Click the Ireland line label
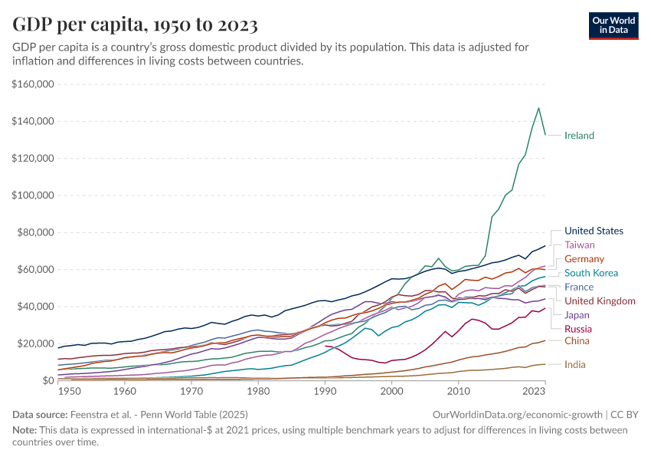[579, 136]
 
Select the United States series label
[594, 231]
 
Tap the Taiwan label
[579, 245]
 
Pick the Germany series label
[584, 259]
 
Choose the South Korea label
[590, 273]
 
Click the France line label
[579, 287]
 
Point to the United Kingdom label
[600, 301]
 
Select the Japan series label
[577, 314]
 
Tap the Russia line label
[578, 329]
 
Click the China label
[577, 340]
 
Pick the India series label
[575, 365]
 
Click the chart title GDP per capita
[135, 25]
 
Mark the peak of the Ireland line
[538, 108]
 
